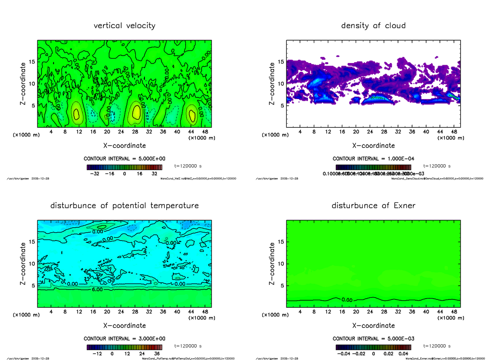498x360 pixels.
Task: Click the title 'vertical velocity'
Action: point(124,26)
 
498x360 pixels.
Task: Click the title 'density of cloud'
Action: point(373,26)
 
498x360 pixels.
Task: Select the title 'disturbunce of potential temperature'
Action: point(124,206)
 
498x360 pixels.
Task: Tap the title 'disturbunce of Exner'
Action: point(373,206)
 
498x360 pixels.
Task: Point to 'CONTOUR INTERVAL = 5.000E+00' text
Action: point(124,159)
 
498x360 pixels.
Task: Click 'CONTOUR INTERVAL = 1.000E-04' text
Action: point(373,159)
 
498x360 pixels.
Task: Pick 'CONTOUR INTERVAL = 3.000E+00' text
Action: point(124,339)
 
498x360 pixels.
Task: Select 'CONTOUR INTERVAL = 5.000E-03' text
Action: point(373,339)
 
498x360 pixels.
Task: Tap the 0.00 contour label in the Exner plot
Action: point(347,300)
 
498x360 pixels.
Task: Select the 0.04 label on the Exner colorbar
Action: point(404,354)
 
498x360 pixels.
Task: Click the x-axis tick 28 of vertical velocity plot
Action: point(135,132)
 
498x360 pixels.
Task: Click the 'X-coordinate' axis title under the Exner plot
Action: point(373,326)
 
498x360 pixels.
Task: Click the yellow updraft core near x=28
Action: point(136,113)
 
